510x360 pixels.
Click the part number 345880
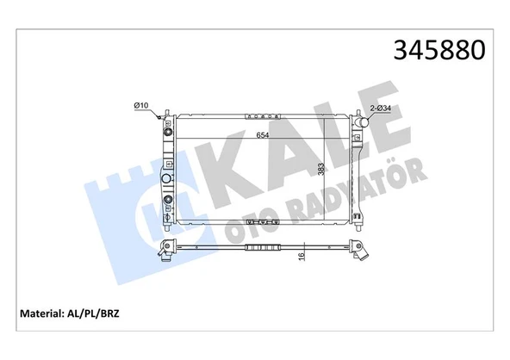(439, 51)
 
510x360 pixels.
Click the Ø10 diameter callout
(141, 105)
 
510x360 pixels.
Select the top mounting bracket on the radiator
(264, 115)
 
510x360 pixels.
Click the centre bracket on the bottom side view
(264, 248)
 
